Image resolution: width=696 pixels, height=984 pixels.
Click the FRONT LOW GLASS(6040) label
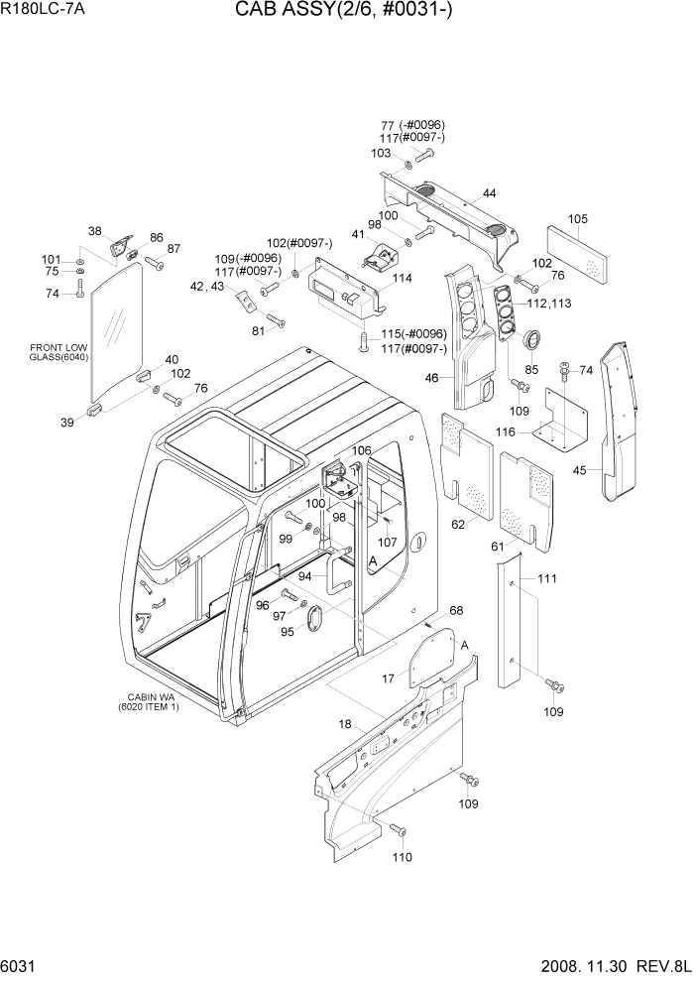pos(60,352)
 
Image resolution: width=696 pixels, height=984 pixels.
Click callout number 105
pos(577,219)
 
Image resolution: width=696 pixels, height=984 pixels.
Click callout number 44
pos(490,192)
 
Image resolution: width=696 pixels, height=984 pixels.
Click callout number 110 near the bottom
pos(403,857)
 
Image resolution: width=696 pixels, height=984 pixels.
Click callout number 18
pos(344,724)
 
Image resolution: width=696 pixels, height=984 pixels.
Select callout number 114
pos(402,279)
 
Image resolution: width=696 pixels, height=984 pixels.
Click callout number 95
pos(288,632)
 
